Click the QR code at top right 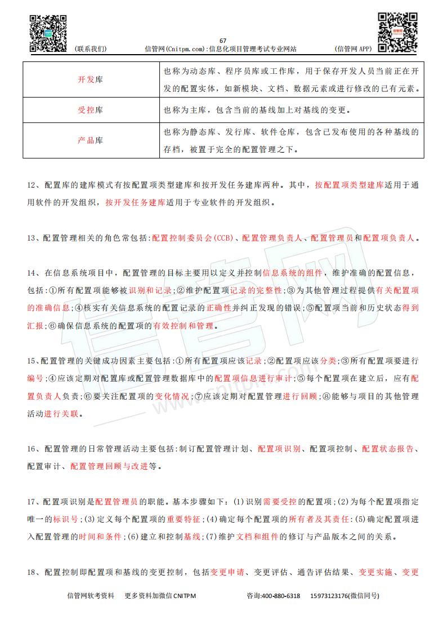(x=397, y=32)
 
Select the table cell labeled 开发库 (x=91, y=80)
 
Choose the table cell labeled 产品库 (x=91, y=140)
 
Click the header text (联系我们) (x=90, y=49)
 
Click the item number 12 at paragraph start (x=32, y=185)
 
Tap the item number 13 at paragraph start (x=32, y=238)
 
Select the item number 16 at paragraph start (x=32, y=449)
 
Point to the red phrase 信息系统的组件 (x=293, y=273)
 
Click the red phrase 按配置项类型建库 (x=350, y=185)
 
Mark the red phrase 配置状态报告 (x=388, y=449)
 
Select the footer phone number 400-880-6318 (x=280, y=596)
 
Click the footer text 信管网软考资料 (x=91, y=596)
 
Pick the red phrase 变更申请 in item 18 (x=227, y=572)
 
